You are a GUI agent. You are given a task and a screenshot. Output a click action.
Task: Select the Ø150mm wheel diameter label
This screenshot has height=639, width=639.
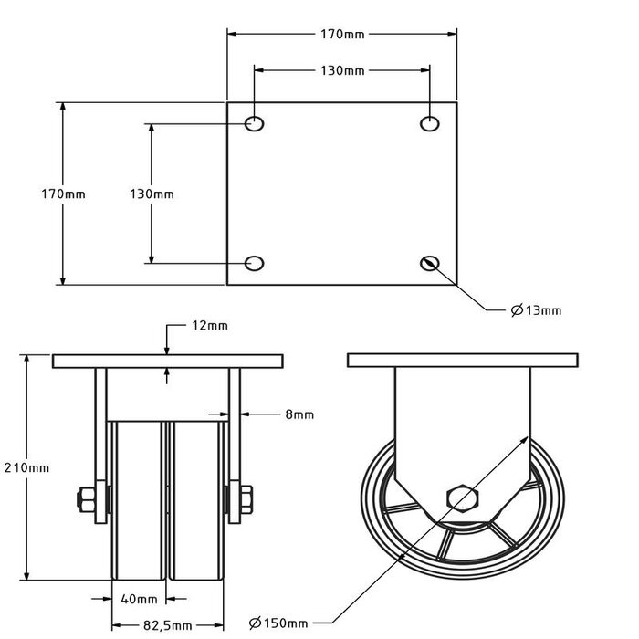(x=278, y=623)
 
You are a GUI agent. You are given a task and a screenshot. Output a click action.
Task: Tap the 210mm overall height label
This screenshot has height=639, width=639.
(x=27, y=467)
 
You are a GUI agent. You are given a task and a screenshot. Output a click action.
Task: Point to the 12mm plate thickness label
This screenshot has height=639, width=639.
(x=211, y=325)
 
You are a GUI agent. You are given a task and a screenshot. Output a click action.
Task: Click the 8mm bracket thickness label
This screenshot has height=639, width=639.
(x=299, y=414)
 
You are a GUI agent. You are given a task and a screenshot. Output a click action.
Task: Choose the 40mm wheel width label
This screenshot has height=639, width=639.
(x=139, y=600)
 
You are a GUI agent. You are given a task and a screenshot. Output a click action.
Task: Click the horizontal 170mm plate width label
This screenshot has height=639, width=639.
(x=342, y=35)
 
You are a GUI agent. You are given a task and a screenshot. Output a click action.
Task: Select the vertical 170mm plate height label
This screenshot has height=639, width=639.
(x=63, y=194)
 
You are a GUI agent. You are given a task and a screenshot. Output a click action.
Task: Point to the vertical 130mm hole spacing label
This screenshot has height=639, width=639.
(x=152, y=194)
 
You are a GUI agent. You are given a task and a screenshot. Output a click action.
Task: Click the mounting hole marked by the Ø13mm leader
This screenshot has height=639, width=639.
(x=430, y=264)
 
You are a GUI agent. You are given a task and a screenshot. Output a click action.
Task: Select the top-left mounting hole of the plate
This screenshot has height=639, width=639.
(x=255, y=123)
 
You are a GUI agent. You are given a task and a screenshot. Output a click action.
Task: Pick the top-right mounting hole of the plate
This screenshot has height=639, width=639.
(x=430, y=123)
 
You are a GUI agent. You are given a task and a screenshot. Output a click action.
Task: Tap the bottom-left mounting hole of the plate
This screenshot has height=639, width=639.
(x=255, y=264)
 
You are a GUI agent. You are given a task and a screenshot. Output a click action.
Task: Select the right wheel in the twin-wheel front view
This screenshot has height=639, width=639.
(x=194, y=502)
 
